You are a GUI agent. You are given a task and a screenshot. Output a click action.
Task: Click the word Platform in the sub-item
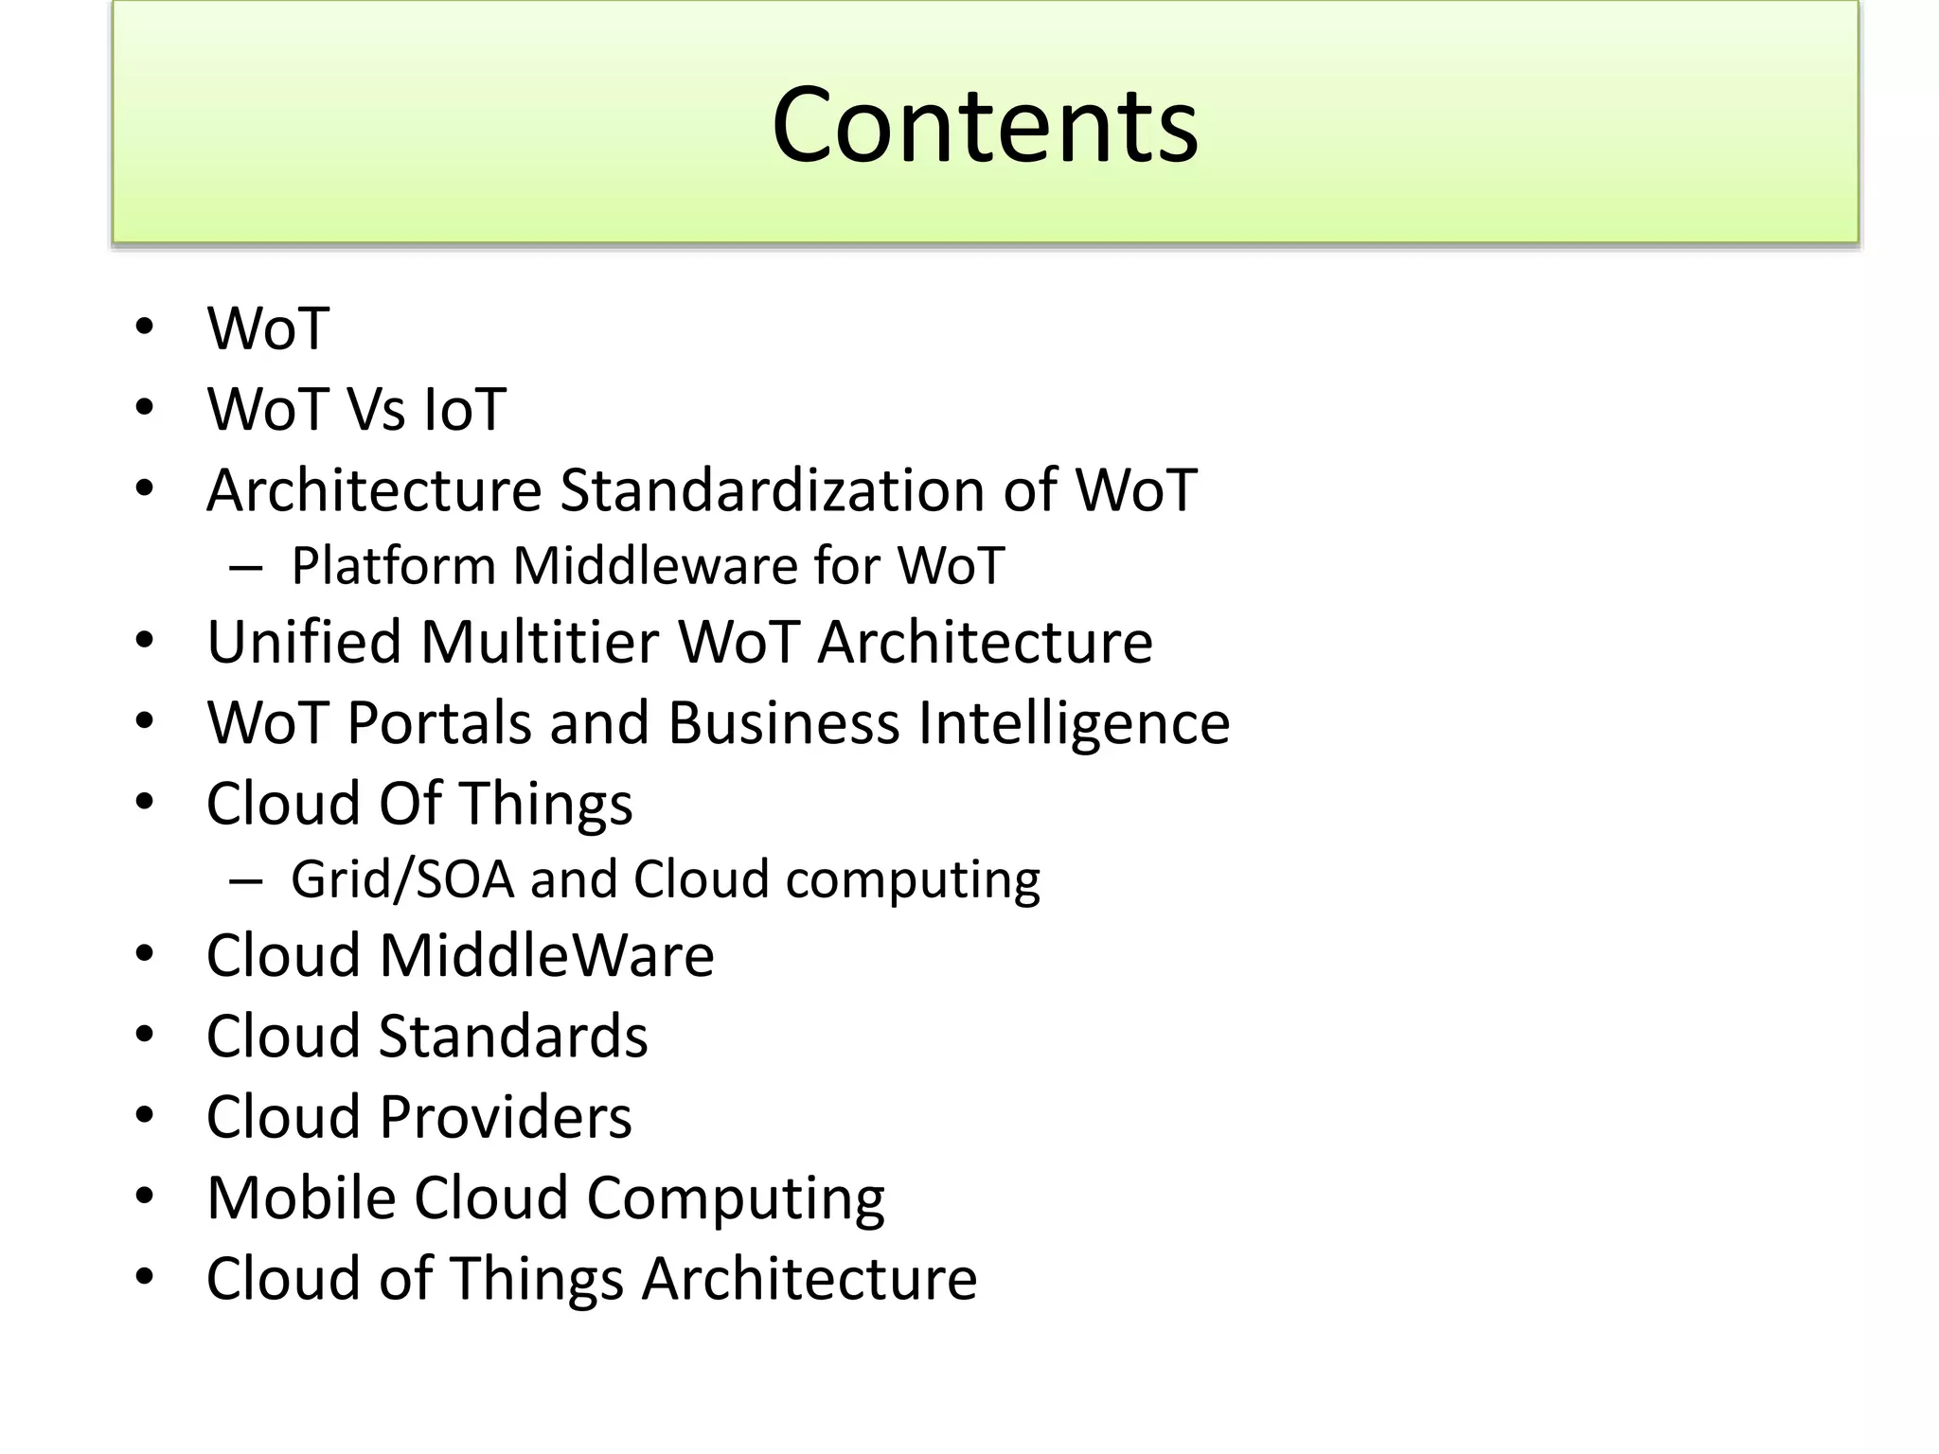coord(393,566)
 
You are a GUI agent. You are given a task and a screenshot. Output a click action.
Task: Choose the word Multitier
coord(540,642)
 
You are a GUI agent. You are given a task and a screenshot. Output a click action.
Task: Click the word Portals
coord(439,723)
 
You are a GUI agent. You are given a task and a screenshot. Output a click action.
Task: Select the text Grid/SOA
coord(402,879)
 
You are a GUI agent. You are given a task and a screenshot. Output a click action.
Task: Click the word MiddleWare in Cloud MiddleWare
coord(546,955)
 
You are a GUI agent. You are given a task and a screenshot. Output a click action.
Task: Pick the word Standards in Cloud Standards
coord(513,1036)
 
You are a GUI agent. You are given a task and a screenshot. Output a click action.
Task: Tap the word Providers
coord(506,1117)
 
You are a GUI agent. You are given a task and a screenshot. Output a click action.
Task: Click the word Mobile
coord(301,1197)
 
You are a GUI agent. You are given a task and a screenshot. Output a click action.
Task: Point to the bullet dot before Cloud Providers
coord(144,1117)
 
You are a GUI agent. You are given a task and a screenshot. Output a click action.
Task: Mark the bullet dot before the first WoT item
coord(144,328)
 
